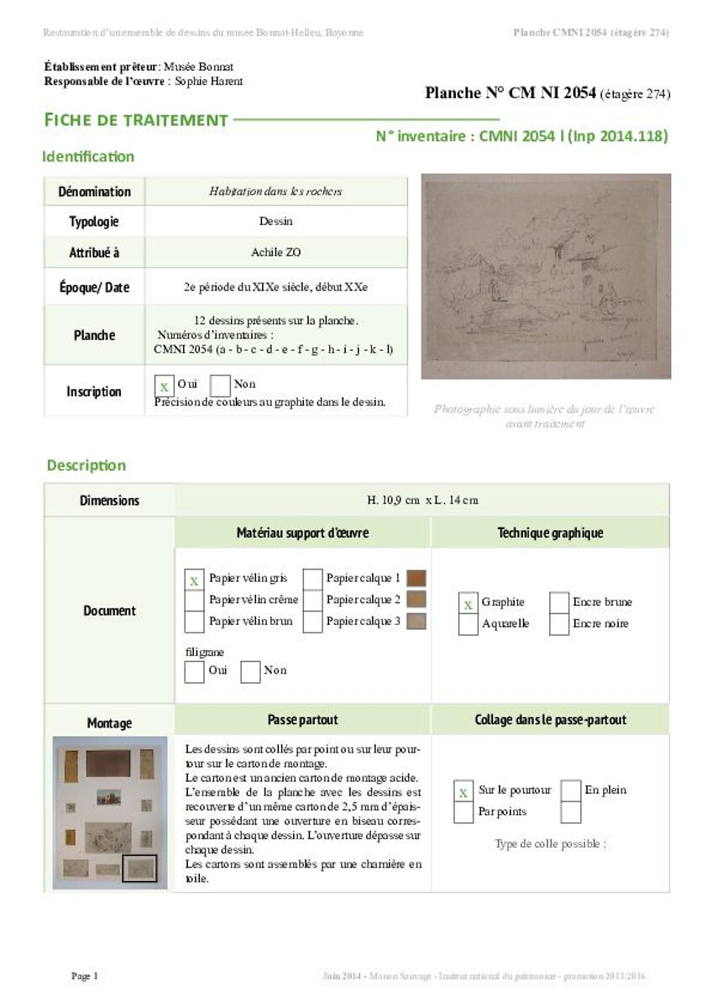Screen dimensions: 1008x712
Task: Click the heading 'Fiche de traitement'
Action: coord(136,120)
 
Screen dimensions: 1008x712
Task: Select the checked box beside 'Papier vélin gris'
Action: coord(194,580)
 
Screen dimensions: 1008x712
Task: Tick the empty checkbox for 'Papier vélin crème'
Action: coord(194,601)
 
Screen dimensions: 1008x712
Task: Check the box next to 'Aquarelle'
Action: coord(468,624)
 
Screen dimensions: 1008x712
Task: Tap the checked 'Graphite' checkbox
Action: coord(468,603)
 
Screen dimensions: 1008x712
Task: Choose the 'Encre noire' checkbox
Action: coord(559,624)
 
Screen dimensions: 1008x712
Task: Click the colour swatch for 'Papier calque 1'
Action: coord(416,579)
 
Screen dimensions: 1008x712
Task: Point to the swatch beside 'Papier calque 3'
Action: coord(416,622)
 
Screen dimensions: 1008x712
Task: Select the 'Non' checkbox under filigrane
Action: coord(250,671)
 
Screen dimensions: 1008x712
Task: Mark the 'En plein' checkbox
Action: coord(571,790)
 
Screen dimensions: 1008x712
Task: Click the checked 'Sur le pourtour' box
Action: coord(463,791)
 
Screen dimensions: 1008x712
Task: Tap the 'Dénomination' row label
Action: coord(94,192)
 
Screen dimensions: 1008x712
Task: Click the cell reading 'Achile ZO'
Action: coord(275,252)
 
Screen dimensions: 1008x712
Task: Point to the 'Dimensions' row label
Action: coord(109,501)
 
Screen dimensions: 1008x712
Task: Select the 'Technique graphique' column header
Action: coord(550,533)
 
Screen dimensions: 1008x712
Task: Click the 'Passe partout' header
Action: coord(302,720)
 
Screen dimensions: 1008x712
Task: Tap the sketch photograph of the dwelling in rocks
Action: coord(546,276)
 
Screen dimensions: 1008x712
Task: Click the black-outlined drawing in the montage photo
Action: coord(139,867)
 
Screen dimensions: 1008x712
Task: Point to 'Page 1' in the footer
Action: coord(85,976)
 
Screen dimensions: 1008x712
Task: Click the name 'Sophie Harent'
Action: coord(209,81)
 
